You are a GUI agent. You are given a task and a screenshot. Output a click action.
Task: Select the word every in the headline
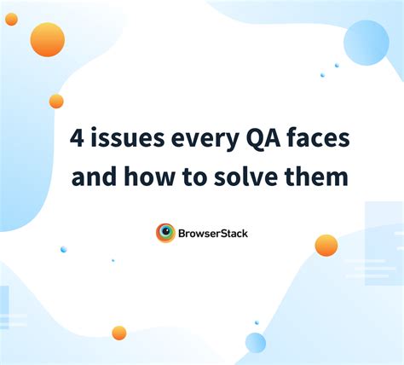[x=199, y=138]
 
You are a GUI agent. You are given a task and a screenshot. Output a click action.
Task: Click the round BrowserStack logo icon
[x=165, y=232]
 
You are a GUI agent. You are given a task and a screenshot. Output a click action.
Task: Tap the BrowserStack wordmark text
[x=213, y=232]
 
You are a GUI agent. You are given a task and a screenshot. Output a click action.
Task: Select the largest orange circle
[x=48, y=39]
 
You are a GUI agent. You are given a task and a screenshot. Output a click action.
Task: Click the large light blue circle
[x=366, y=43]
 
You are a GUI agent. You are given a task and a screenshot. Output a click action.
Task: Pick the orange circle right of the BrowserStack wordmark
[x=326, y=246]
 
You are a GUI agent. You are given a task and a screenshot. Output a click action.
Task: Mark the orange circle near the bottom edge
[x=119, y=333]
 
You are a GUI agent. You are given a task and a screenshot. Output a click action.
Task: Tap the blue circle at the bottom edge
[x=256, y=342]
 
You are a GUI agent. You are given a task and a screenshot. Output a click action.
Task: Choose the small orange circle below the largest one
[x=56, y=101]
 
